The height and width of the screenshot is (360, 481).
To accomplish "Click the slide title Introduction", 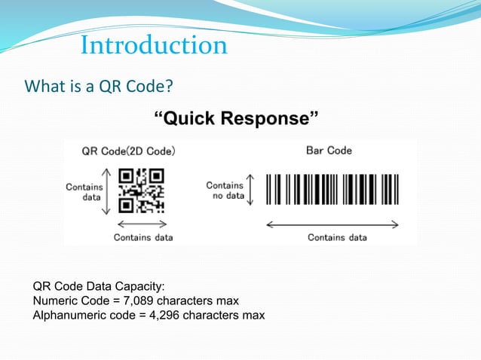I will tap(154, 45).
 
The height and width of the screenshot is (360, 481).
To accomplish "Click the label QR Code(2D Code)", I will tap(128, 151).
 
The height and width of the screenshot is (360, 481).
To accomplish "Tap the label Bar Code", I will tap(329, 151).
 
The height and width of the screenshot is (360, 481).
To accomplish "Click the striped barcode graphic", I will tap(332, 191).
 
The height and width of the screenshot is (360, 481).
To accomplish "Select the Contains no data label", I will tap(225, 190).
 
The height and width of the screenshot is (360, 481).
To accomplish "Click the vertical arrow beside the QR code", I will tap(107, 190).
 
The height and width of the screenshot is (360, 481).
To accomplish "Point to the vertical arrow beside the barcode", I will tap(251, 190).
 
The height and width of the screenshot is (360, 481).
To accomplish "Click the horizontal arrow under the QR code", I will tap(142, 224).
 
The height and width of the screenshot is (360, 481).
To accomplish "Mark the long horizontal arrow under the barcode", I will tap(332, 223).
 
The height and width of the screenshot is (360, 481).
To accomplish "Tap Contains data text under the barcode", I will tap(337, 237).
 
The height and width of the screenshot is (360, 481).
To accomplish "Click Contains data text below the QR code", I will tap(143, 237).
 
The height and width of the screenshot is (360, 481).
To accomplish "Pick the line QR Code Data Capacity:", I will tap(99, 287).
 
